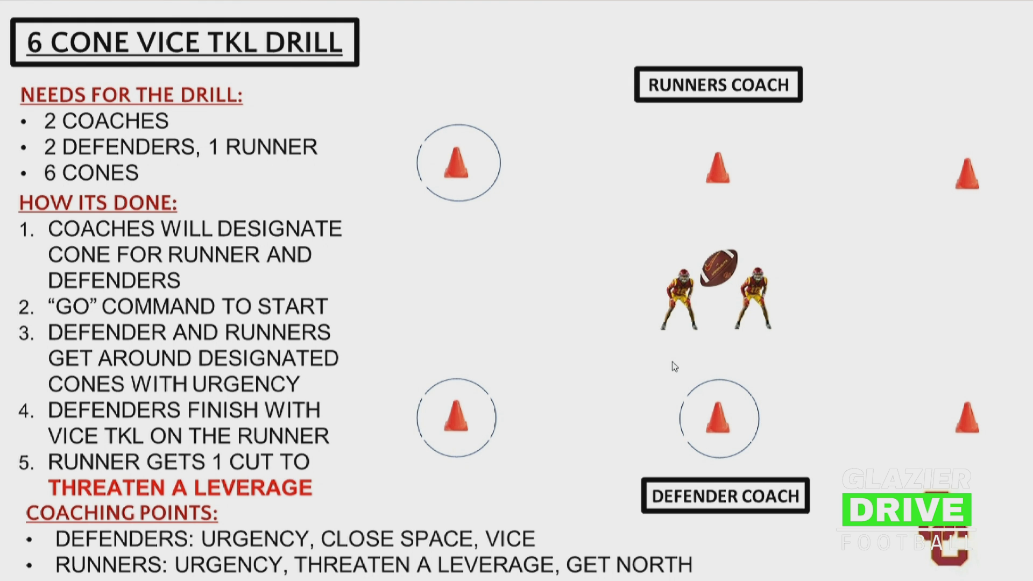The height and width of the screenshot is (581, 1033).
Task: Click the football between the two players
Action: (719, 267)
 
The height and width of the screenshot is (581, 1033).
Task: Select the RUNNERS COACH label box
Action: (718, 84)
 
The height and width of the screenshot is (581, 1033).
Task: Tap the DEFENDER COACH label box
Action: (725, 495)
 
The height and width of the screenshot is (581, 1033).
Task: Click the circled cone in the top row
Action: (456, 162)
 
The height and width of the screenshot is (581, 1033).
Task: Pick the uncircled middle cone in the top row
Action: (718, 168)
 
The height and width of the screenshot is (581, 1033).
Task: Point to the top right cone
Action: (967, 174)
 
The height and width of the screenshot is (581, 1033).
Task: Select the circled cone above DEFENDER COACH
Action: (718, 417)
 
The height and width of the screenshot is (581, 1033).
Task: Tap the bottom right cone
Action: (967, 417)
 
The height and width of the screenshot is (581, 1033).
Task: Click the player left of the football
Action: (680, 299)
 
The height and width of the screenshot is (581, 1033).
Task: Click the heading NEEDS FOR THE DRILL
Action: (131, 95)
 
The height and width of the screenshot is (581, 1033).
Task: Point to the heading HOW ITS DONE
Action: (98, 203)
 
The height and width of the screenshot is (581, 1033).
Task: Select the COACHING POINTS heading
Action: (122, 513)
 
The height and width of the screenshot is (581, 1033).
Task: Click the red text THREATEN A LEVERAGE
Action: (180, 487)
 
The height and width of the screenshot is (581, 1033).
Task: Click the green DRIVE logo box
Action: (907, 509)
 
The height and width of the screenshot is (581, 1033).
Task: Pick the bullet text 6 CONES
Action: (91, 173)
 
